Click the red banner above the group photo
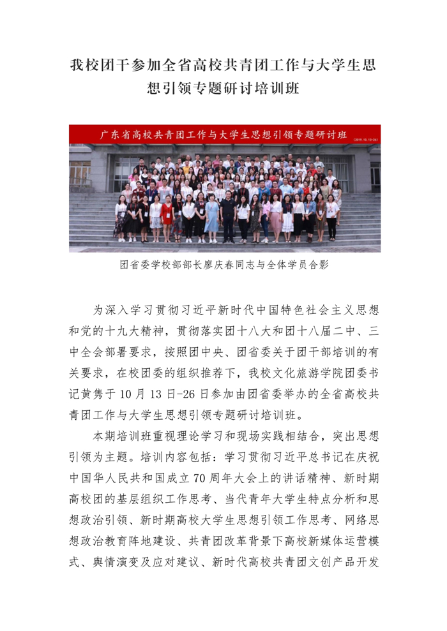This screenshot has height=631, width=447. [225, 135]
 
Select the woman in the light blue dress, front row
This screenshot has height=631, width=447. [211, 217]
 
